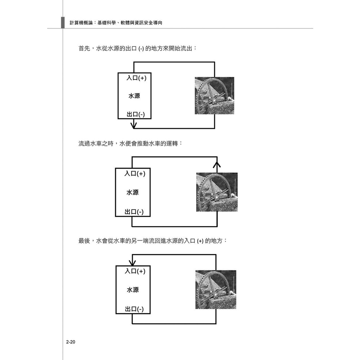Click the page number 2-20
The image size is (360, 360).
71,342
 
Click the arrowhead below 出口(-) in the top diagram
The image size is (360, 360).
134,125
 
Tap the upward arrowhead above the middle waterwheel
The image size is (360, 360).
217,165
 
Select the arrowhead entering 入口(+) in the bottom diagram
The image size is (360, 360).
132,263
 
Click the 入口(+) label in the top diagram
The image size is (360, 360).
136,78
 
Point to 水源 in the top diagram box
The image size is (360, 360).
134,96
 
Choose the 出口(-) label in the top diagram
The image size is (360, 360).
136,114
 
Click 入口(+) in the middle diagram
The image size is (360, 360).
135,174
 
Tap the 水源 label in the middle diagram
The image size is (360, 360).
132,192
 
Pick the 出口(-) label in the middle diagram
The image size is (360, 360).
134,212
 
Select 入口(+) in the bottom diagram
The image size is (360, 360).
135,271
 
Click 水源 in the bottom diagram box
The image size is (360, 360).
133,290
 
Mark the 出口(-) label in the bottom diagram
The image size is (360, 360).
134,309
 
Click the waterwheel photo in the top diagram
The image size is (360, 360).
215,95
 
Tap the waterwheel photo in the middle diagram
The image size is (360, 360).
217,192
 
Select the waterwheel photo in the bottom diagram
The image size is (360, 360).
216,289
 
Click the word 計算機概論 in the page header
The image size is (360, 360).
81,23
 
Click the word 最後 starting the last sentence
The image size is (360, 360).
84,241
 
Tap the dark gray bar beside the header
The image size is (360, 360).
63,23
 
